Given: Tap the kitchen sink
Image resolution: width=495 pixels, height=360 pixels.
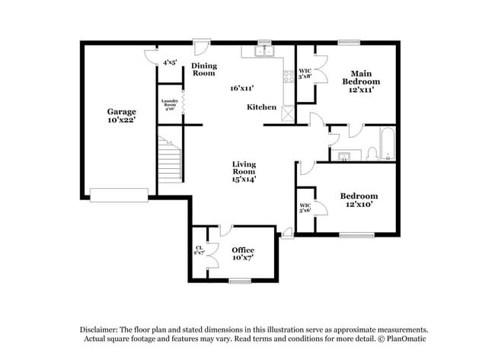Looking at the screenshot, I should click(264, 52).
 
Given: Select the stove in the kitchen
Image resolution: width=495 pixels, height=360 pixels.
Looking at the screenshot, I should click(288, 76).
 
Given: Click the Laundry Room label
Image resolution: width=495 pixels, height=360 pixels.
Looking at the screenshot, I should click(168, 104).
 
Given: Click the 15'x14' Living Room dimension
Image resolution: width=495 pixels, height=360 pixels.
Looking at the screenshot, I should click(244, 180).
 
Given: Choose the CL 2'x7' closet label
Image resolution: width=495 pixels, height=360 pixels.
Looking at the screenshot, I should click(200, 250).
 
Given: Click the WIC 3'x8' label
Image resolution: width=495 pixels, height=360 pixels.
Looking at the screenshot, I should click(305, 73).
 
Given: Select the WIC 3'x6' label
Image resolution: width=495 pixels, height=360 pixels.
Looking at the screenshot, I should click(305, 207).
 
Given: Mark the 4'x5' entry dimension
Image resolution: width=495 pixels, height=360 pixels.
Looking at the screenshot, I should click(169, 62).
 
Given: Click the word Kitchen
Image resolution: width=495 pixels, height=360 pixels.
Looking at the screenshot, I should click(261, 107).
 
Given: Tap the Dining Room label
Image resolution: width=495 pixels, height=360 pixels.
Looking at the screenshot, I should click(203, 69).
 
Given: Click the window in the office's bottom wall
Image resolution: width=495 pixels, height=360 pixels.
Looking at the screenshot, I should click(240, 281).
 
